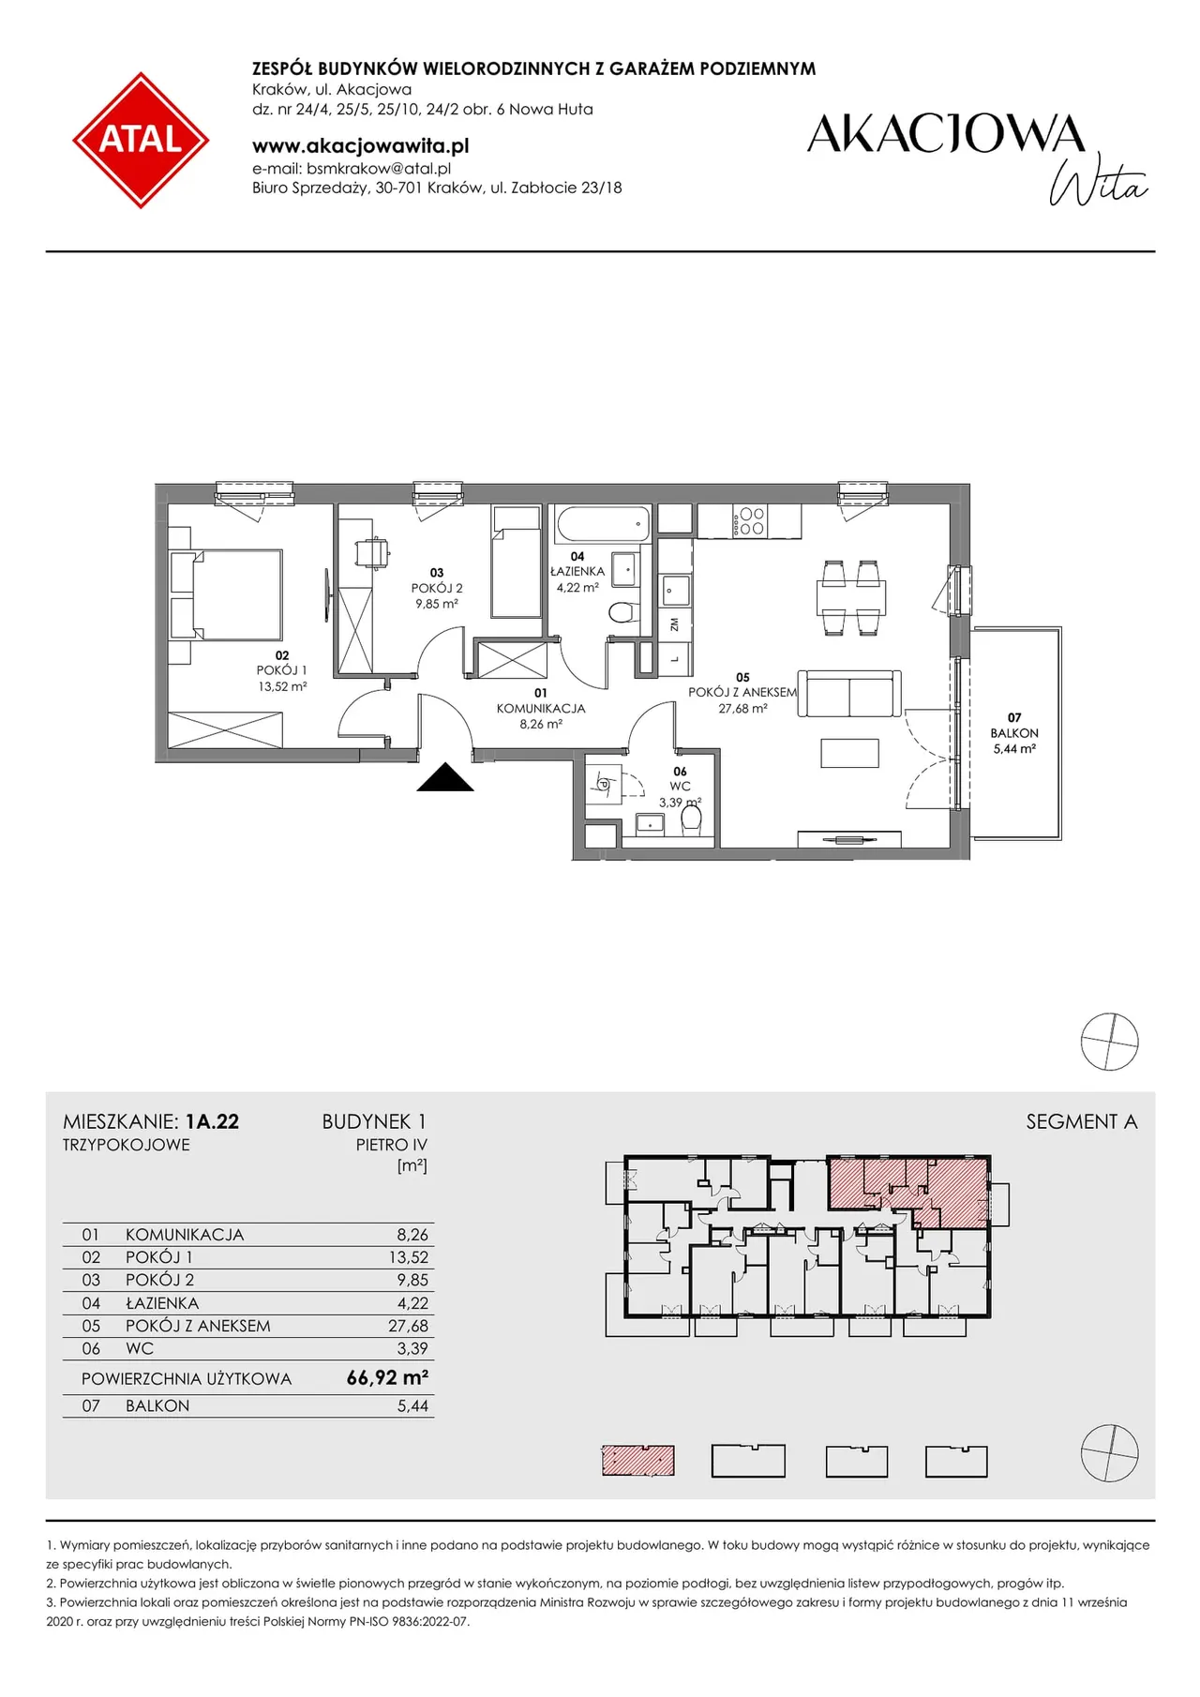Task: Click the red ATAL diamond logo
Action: [x=141, y=140]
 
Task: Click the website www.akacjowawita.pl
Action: [x=361, y=145]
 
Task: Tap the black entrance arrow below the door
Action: [x=445, y=777]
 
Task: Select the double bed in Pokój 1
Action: [x=226, y=594]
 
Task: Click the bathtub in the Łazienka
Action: [x=603, y=524]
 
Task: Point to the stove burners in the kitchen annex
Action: [x=752, y=521]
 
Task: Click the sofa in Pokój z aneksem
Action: [x=849, y=694]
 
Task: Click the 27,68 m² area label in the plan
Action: [x=743, y=709]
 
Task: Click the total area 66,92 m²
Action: [x=387, y=1377]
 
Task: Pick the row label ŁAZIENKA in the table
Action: [x=162, y=1303]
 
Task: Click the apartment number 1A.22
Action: [x=212, y=1121]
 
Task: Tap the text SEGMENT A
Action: [x=1082, y=1121]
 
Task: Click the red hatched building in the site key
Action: [x=638, y=1461]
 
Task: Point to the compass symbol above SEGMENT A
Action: [x=1110, y=1042]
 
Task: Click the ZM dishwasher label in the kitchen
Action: [x=674, y=623]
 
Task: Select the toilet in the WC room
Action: [x=692, y=818]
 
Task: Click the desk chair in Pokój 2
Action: [x=374, y=552]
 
